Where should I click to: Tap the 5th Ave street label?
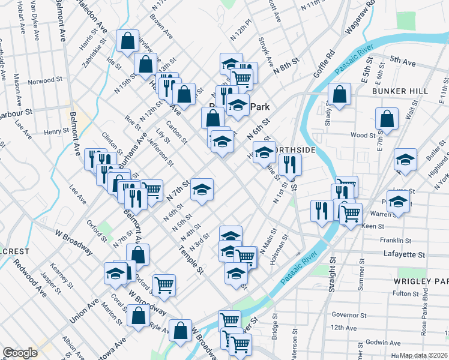[x=403, y=60]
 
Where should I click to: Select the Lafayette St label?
[x=404, y=254]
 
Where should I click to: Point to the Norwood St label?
[x=45, y=80]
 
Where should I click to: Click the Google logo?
[x=20, y=353]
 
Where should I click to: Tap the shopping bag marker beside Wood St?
[x=387, y=119]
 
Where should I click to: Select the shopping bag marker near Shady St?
[x=339, y=95]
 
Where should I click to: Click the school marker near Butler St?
[x=405, y=160]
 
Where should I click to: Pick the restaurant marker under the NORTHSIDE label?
[x=290, y=165]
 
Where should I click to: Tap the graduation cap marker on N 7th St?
[x=202, y=189]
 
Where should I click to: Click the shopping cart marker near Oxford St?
[x=163, y=285]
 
